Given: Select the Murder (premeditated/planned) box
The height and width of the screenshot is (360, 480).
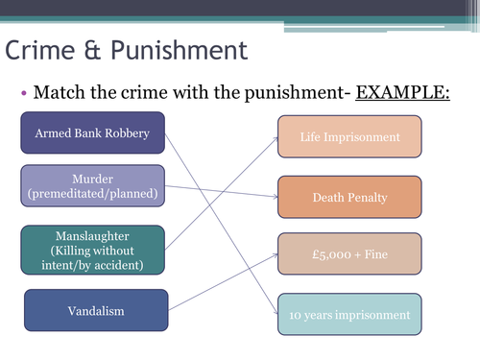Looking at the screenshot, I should [x=92, y=185].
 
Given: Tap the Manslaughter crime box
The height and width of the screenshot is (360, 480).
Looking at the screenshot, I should [x=92, y=250].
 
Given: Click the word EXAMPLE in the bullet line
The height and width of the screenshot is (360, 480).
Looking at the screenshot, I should [x=403, y=93].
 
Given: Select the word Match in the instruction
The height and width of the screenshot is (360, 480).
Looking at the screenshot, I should [x=59, y=93].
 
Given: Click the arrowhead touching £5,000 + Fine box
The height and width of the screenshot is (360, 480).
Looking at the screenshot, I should [x=275, y=254].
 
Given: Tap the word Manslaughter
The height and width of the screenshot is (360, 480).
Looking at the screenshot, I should [x=92, y=235].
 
